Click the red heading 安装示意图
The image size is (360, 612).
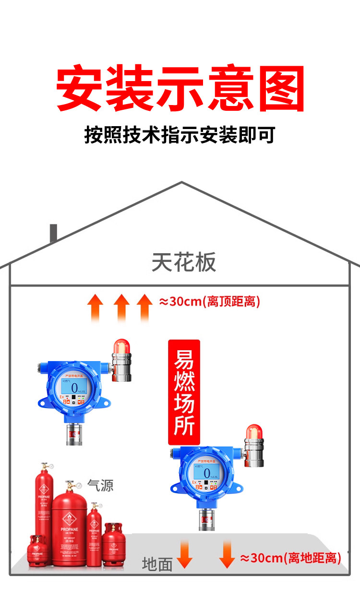(x=180, y=89)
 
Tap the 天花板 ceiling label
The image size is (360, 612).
(x=184, y=262)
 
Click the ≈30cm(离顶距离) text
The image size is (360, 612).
(x=210, y=302)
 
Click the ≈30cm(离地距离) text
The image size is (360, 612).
(x=290, y=558)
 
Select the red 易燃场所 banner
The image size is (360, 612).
(x=184, y=392)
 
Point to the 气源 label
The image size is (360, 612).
(x=101, y=485)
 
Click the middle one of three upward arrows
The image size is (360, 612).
(x=122, y=307)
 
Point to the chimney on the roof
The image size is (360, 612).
(x=53, y=234)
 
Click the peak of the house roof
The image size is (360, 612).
(x=181, y=183)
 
